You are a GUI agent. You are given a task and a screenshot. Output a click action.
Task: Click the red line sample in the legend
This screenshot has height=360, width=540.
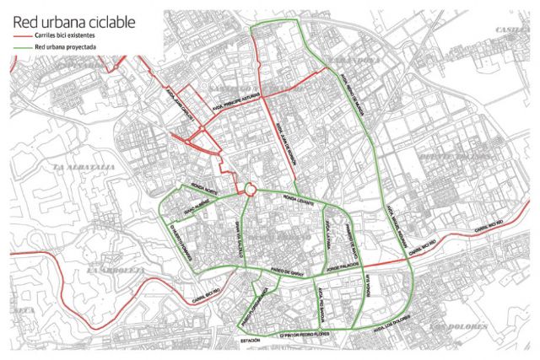click(22, 38)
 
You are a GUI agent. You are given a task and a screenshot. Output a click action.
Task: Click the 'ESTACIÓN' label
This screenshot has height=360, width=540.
click(249, 340)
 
